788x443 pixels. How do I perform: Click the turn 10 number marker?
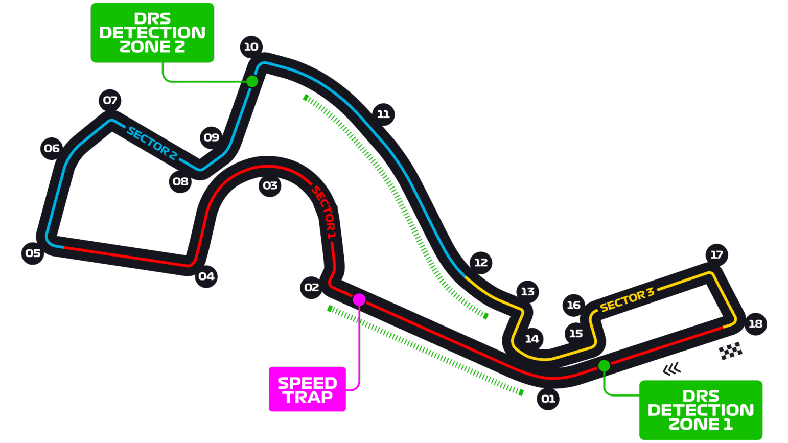coord(251,47)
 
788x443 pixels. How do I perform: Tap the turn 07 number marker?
coord(110,100)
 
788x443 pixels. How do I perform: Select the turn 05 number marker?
coord(33,253)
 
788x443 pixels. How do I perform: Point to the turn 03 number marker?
coord(270,185)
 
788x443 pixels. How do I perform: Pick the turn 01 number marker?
coord(548,399)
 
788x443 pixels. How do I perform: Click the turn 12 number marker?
coord(480,263)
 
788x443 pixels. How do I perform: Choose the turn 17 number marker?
coord(716,254)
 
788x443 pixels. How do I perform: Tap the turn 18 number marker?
coord(755,323)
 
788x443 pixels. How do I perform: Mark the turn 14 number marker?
coord(531,339)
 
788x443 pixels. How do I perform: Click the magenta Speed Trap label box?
coord(307,389)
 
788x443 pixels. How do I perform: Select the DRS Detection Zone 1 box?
coord(701,410)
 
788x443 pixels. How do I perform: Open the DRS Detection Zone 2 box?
coord(152,33)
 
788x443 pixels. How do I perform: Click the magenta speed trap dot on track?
coord(359,299)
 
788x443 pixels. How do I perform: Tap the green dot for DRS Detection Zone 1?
coord(604,366)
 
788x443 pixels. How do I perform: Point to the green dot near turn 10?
coord(252,81)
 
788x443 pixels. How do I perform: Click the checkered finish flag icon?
coord(731,351)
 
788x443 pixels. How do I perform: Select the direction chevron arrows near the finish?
coord(673,368)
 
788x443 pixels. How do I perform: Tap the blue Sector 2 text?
coord(152,144)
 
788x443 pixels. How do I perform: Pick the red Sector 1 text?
coord(324,213)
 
